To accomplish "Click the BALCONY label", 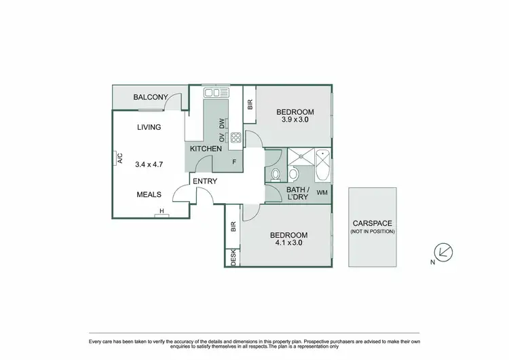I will (150, 97).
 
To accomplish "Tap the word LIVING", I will (149, 127).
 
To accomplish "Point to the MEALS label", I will (149, 194).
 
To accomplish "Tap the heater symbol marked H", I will (162, 212).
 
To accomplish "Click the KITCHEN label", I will (206, 149).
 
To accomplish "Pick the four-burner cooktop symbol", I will (236, 139).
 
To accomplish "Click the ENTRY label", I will (205, 181).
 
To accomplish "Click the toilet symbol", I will (276, 176).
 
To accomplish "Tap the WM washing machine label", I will (322, 193).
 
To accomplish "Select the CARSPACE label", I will (372, 223).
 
